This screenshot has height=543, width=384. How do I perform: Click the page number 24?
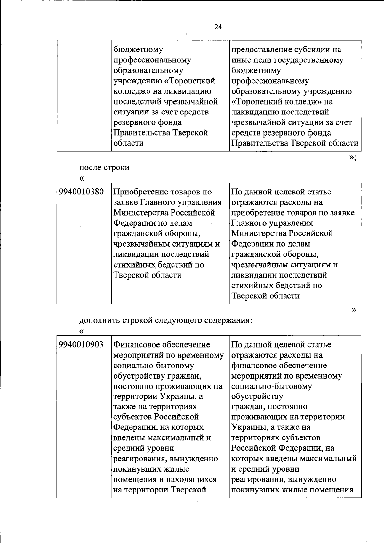[x=218, y=27]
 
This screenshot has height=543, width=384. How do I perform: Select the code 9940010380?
[x=81, y=192]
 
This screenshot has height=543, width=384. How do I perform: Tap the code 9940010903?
[x=81, y=344]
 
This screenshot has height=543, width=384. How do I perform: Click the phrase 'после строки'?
[x=104, y=167]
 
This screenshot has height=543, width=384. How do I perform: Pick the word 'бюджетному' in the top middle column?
[x=134, y=50]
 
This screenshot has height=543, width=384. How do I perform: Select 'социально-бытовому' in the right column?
[x=271, y=386]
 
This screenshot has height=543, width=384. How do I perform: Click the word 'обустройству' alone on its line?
[x=257, y=396]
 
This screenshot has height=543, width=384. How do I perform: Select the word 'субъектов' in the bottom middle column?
[x=132, y=417]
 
